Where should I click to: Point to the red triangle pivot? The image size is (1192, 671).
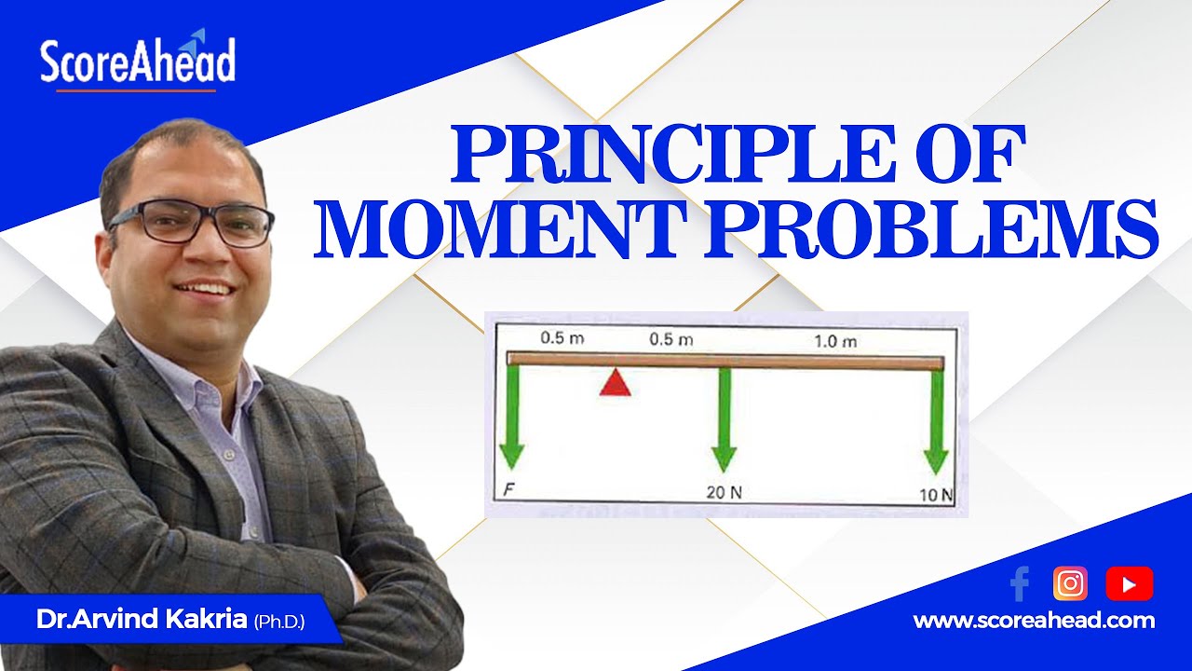point(615,382)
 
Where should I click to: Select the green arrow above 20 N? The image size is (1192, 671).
point(725,419)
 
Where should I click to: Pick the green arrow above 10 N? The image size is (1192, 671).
point(936,419)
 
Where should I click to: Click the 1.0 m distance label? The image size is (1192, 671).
point(835,342)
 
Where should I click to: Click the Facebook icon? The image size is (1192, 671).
point(1020,584)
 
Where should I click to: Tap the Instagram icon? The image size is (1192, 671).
point(1071,583)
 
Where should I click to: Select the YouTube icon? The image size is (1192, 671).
point(1129,584)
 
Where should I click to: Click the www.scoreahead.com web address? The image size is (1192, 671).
point(1034,621)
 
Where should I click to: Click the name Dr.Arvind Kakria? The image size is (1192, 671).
point(142,620)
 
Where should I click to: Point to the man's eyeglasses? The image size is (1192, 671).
point(191,223)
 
